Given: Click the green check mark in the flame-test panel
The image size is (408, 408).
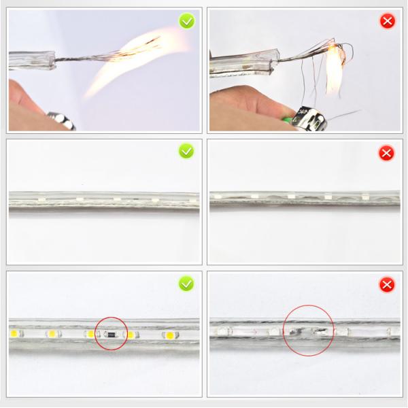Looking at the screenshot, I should click(186, 21).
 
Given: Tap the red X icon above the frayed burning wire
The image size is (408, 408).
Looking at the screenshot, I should click(387, 21).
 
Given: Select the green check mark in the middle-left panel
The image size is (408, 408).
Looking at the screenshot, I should click(186, 151).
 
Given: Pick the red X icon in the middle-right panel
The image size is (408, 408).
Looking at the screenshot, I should click(387, 152).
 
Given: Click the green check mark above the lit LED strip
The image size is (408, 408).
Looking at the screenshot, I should click(186, 282).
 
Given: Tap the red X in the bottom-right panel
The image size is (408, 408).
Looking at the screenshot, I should click(387, 284).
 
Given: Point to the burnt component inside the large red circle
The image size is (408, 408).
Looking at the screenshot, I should click(304, 332).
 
